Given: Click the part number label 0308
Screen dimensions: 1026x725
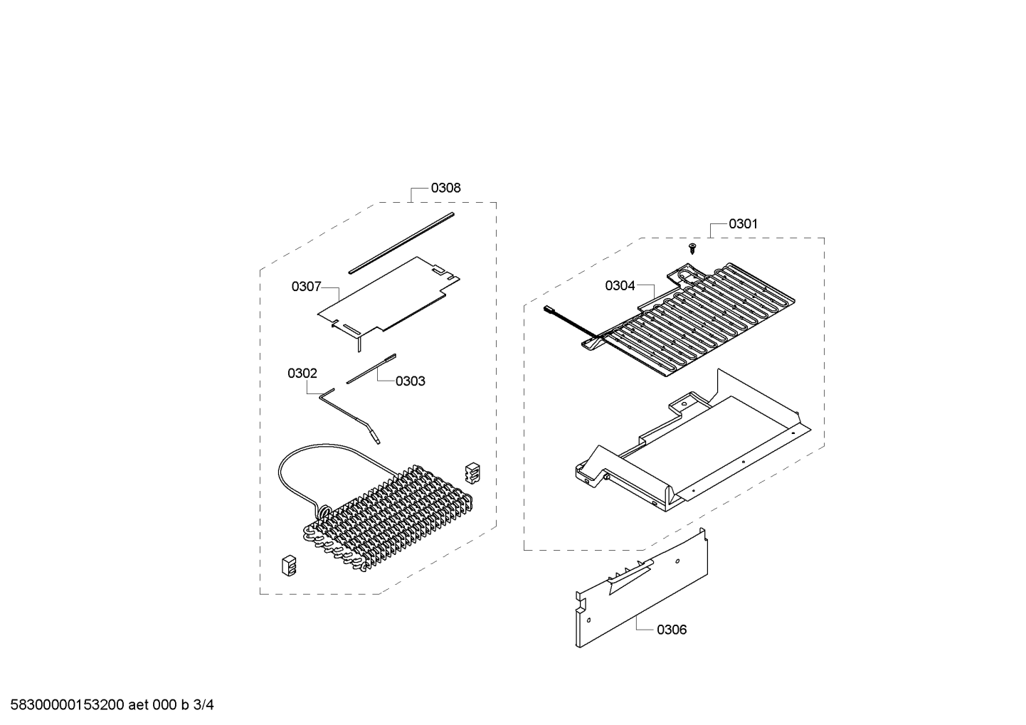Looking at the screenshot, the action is point(445,188).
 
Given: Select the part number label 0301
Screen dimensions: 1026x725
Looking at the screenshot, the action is point(743,224).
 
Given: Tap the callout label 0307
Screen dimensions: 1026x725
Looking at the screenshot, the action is point(306,287).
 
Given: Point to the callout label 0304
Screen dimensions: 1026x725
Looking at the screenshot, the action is point(620,286).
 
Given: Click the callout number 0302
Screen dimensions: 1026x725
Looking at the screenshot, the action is point(302,374).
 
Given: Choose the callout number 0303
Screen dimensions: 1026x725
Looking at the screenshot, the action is point(411,381).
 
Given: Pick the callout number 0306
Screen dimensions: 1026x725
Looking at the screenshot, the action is point(672,630).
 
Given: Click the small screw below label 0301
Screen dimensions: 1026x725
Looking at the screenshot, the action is point(692,249).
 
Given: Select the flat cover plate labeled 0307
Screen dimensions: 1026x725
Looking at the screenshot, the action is point(388,297).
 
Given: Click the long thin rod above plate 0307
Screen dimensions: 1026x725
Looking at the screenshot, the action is point(401,243).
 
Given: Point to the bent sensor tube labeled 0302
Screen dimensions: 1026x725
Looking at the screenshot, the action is point(350,416).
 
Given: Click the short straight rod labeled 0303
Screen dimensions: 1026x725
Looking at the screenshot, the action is point(371,369).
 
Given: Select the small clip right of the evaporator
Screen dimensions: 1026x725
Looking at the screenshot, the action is point(472,473).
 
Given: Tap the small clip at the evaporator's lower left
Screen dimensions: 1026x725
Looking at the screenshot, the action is point(289,566).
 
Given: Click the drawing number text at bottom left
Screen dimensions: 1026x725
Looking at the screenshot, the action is point(112,705).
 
